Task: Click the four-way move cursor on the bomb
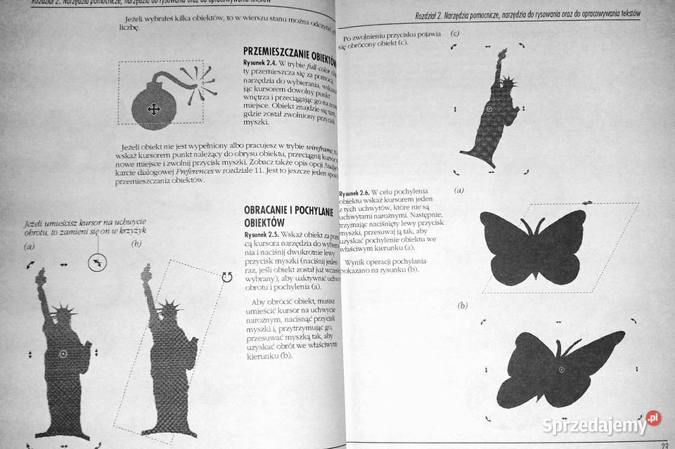click(152, 108)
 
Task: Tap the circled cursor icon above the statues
click(98, 263)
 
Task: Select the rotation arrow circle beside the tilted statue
click(226, 277)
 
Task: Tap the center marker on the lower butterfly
click(561, 368)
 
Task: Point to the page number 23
click(664, 443)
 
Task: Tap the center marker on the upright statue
click(62, 353)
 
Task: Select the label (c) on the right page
click(455, 33)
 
